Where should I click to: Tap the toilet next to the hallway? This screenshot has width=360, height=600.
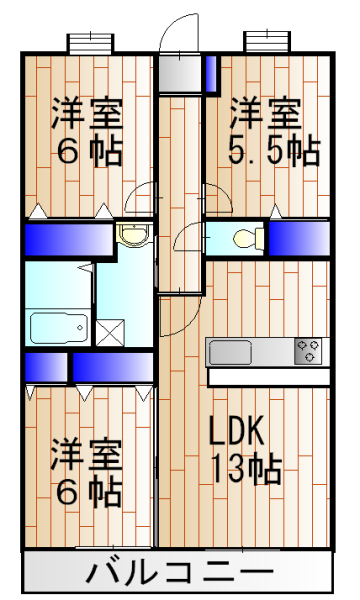pos(246,238)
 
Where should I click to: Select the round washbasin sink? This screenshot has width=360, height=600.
pos(131,235)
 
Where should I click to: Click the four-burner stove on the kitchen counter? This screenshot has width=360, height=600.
pos(308,352)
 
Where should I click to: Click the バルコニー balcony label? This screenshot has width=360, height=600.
pos(179,574)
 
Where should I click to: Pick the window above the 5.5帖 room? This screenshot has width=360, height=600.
pos(267,42)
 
